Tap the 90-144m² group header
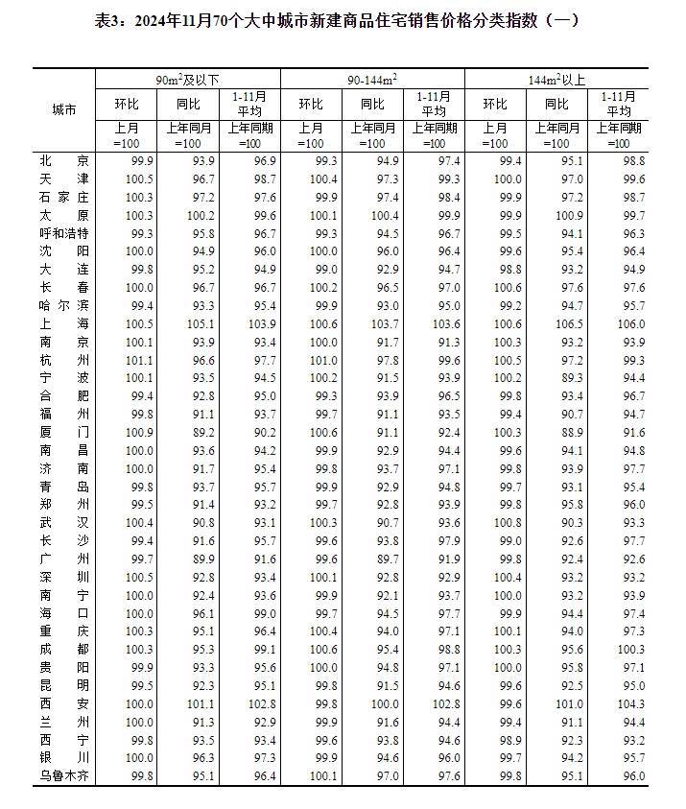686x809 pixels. point(372,78)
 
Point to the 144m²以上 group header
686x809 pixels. point(556,78)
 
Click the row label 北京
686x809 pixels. point(64,160)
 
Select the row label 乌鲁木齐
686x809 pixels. point(64,775)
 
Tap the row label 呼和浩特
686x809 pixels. point(64,233)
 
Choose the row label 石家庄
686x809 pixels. point(64,197)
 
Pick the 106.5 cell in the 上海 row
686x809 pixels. point(570,323)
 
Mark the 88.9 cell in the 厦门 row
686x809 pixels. point(570,432)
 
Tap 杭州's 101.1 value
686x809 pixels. point(139,360)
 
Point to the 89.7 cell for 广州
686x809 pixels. point(386,559)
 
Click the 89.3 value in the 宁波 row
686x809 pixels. point(570,378)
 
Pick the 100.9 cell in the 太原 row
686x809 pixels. point(569,215)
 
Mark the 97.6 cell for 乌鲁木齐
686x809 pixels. point(447,775)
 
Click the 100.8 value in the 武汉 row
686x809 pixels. point(508,522)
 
